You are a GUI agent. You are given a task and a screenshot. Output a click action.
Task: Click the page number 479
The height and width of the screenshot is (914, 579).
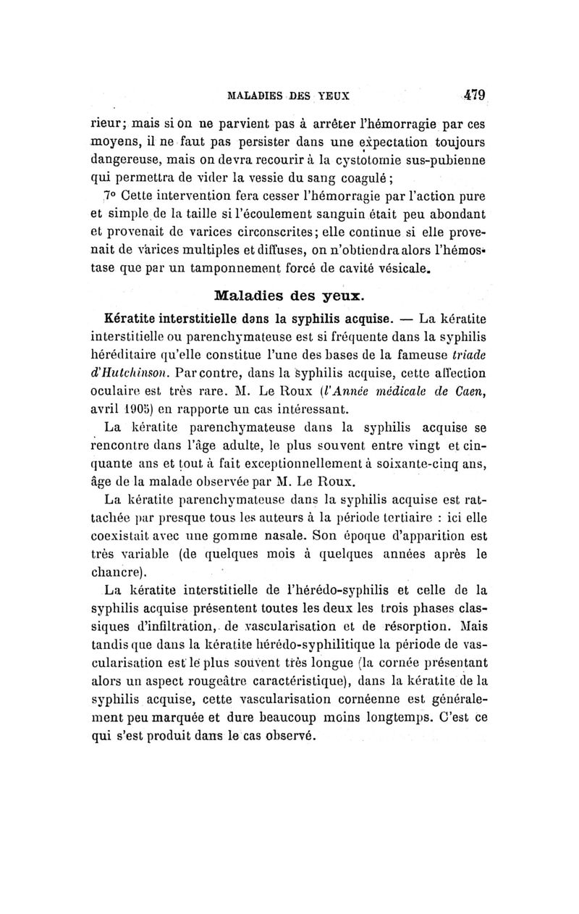point(473,94)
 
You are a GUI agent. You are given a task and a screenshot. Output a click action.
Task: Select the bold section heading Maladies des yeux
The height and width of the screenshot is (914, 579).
point(289,295)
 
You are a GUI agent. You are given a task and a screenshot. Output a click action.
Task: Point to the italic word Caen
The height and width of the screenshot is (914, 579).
point(467,393)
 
